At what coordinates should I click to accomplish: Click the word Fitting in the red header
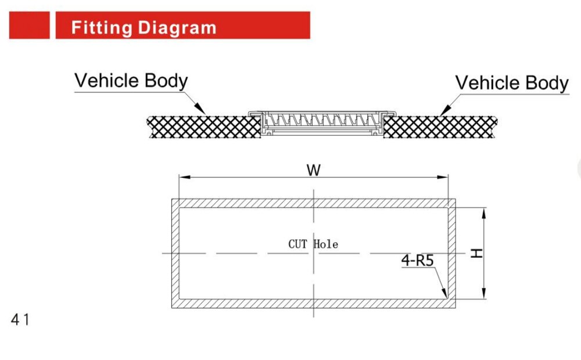pyautogui.click(x=102, y=28)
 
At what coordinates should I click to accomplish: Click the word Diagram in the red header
pyautogui.click(x=177, y=28)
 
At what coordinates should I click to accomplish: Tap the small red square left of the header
pyautogui.click(x=29, y=25)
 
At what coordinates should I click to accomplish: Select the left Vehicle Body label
pyautogui.click(x=131, y=81)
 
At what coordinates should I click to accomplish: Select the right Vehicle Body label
pyautogui.click(x=512, y=83)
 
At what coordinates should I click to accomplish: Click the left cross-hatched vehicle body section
pyautogui.click(x=204, y=127)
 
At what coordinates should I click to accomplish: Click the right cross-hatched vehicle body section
pyautogui.click(x=440, y=127)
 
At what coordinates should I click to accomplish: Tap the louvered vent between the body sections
pyautogui.click(x=322, y=122)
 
